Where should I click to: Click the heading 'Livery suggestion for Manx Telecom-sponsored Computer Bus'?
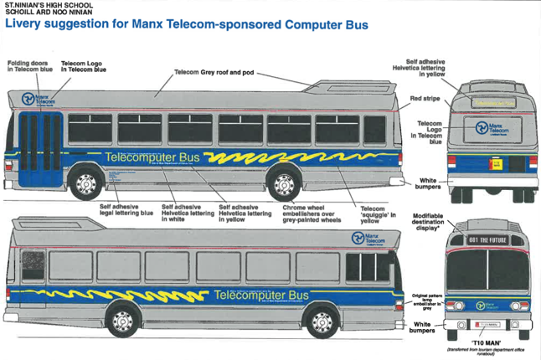pos(187,24)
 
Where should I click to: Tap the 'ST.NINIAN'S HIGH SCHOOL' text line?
pos(44,5)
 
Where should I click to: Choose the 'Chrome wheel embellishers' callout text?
pos(311,213)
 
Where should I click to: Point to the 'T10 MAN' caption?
pos(486,343)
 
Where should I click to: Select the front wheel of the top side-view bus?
pos(86,184)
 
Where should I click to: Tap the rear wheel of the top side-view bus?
pos(284,184)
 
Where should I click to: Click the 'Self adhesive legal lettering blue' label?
pos(126,210)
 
